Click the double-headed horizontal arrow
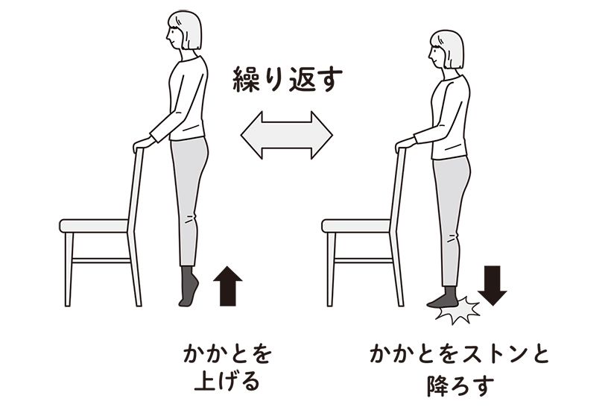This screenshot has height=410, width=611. pos(286,135)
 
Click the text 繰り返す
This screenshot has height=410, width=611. pos(286,79)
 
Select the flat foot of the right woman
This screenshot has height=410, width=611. pos(443,300)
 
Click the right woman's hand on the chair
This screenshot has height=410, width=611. pos(403,144)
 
